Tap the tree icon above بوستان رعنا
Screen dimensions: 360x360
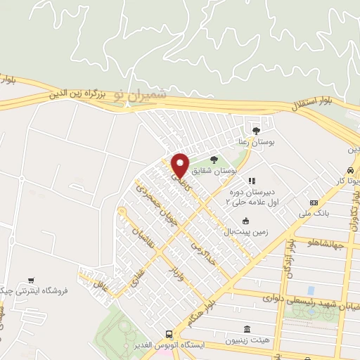coord(256,130)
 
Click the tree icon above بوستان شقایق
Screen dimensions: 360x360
coord(213,160)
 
